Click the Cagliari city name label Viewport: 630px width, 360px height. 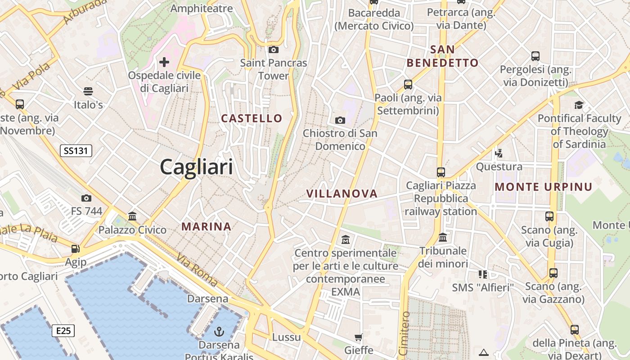(x=197, y=167)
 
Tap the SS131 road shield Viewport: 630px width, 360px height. (x=76, y=151)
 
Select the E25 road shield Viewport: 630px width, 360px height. (x=63, y=331)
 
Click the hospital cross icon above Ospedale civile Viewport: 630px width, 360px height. (x=164, y=62)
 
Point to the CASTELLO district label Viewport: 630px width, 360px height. (x=252, y=118)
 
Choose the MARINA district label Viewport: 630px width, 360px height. (x=207, y=226)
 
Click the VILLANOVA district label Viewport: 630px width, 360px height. (x=342, y=193)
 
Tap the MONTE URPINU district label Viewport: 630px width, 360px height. (x=544, y=187)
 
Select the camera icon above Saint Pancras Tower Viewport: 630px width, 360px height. (x=273, y=49)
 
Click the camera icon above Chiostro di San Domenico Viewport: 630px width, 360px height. (x=340, y=120)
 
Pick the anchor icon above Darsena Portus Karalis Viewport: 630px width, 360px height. (x=219, y=332)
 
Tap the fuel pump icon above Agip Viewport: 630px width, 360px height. (x=76, y=248)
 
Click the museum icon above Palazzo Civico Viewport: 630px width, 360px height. (x=132, y=216)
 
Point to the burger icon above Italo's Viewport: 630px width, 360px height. (x=88, y=91)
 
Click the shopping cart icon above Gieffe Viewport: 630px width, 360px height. (x=359, y=337)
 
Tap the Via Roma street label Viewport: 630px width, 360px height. (x=197, y=270)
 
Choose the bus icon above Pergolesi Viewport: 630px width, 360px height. (x=535, y=56)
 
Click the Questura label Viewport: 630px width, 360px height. (x=499, y=167)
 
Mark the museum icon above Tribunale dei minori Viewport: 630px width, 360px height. (x=443, y=237)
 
